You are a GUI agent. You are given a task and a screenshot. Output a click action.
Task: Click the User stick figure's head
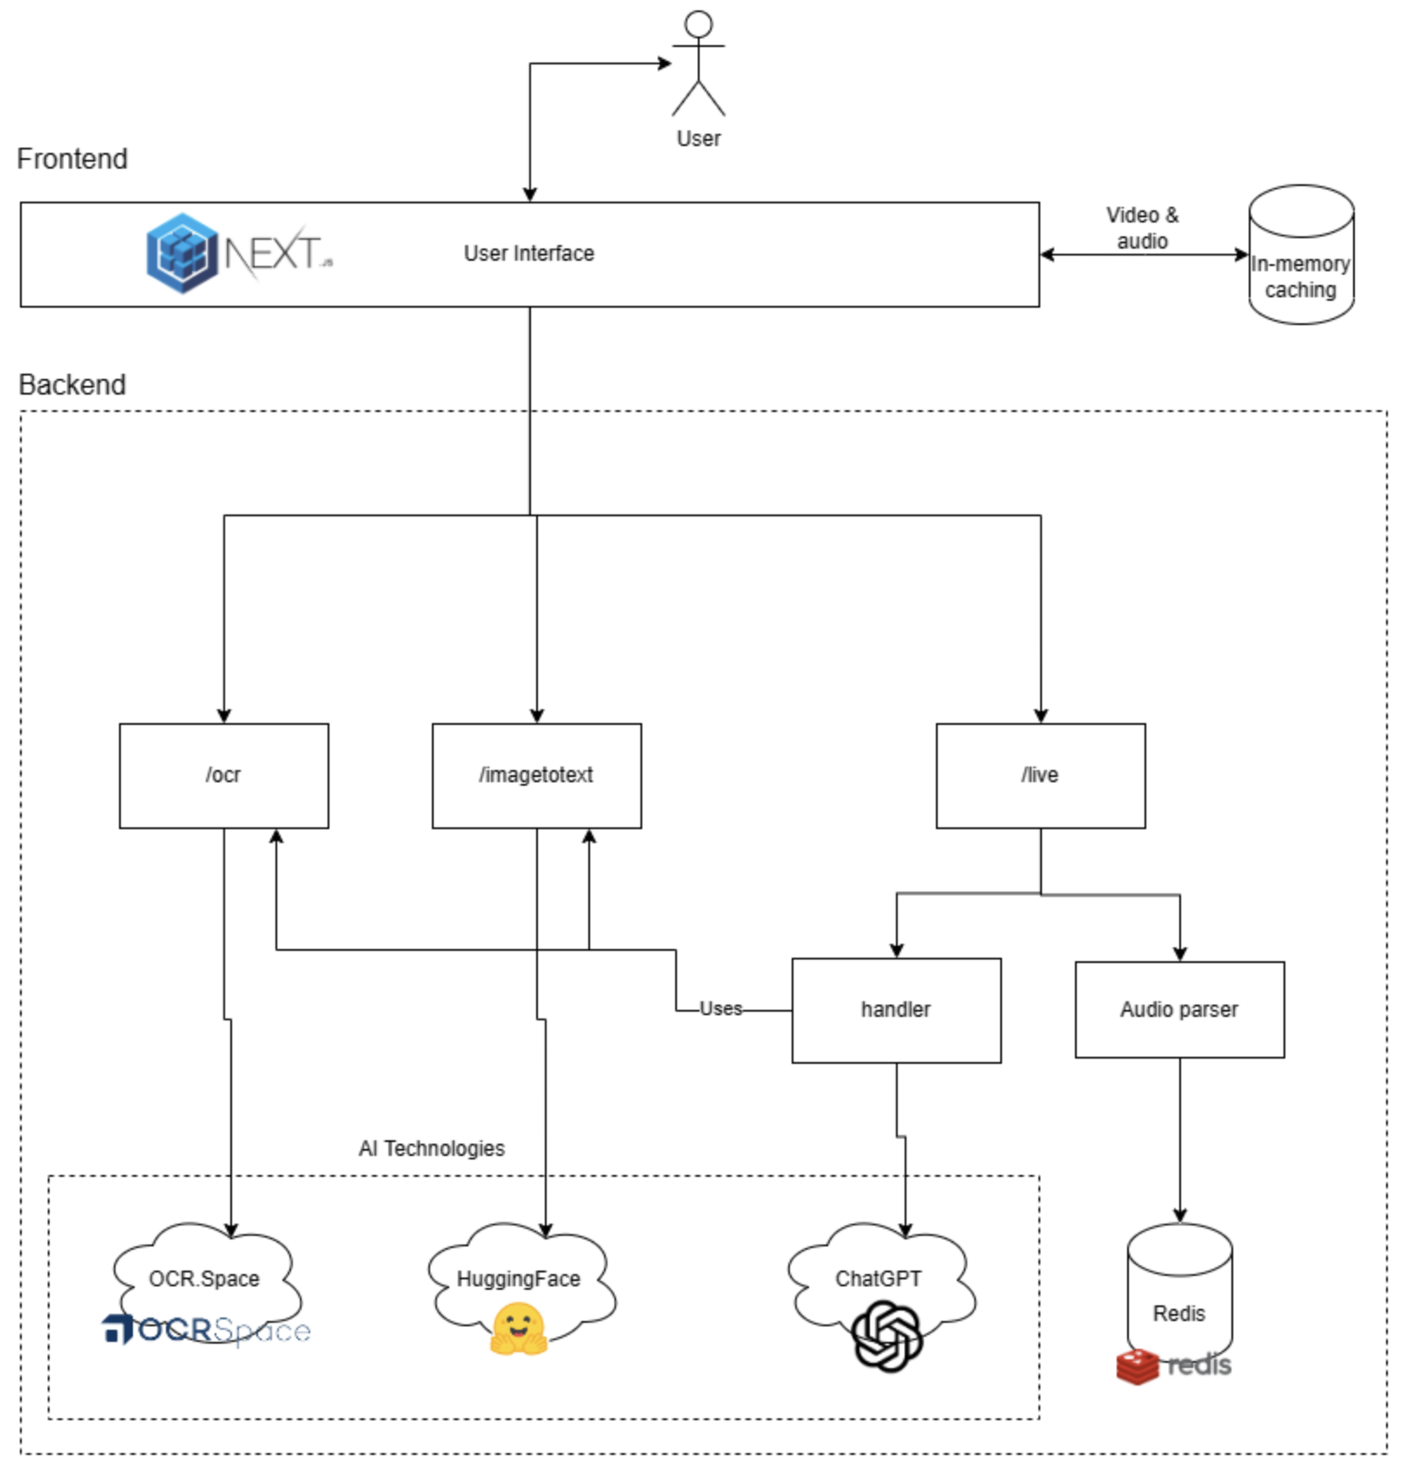pos(698,24)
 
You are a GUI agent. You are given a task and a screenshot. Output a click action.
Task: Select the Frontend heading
pos(72,159)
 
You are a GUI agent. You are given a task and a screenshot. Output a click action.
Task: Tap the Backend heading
pos(72,385)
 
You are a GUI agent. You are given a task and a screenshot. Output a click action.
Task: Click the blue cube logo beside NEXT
pos(182,253)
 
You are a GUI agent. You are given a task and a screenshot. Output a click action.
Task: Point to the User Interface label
pos(528,254)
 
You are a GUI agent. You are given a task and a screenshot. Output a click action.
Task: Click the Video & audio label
pos(1142,228)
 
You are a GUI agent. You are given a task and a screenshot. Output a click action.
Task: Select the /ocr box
pos(223,775)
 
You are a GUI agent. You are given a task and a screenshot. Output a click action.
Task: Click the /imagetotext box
pos(536,775)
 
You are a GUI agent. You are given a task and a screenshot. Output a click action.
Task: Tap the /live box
pos(1040,775)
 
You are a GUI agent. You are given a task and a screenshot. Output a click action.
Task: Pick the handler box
pos(896,1010)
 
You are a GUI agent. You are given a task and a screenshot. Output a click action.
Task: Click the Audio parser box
pos(1179,1010)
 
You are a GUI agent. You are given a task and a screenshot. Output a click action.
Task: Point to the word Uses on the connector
pos(721,1009)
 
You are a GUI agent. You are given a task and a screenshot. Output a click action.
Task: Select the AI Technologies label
pos(431,1149)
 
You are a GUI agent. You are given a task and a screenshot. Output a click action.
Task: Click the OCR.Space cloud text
pos(204,1279)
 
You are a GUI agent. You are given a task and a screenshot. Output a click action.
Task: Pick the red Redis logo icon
pos(1138,1366)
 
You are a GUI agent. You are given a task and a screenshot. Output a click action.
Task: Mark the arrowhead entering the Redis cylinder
pos(1179,1216)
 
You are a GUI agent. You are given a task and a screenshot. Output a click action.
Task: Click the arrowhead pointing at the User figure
pos(665,63)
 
